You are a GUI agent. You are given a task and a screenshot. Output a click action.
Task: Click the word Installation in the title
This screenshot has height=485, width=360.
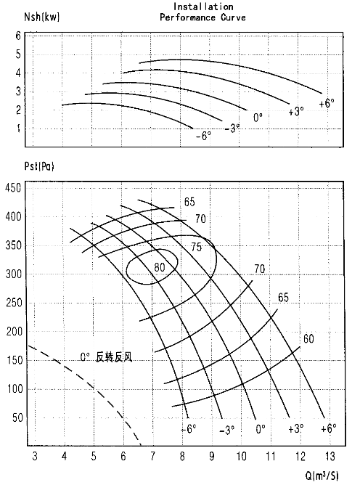click(x=203, y=7)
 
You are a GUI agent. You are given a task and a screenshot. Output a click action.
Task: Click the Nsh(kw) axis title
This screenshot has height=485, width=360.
click(x=42, y=17)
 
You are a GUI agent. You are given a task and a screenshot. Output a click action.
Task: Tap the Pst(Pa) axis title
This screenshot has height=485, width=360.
click(x=39, y=166)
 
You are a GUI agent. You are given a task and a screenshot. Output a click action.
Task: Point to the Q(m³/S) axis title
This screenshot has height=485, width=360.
click(x=322, y=475)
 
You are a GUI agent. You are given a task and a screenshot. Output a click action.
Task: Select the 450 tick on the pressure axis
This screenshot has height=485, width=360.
click(x=13, y=187)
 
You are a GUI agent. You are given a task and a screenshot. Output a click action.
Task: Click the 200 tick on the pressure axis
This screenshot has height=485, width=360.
click(x=15, y=332)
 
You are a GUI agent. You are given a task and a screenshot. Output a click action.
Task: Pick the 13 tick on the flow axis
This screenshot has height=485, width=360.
click(x=330, y=456)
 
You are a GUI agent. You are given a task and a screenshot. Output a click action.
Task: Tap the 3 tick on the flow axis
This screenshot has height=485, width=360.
click(x=35, y=456)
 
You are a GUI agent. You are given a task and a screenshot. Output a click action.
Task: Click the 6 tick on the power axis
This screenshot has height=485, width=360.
click(x=18, y=36)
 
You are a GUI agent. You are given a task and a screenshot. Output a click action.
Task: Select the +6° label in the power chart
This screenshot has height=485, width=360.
click(x=327, y=103)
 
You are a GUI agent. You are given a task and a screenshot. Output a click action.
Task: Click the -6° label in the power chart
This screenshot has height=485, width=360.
click(x=203, y=136)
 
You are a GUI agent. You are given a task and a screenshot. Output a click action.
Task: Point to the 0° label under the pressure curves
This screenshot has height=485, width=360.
click(x=261, y=429)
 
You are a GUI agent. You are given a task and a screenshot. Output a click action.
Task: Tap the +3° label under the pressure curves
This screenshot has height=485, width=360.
click(x=295, y=428)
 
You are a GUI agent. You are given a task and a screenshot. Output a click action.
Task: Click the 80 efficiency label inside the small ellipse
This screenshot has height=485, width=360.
click(x=160, y=267)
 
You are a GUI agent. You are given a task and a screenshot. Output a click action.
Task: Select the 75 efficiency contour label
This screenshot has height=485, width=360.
click(x=196, y=247)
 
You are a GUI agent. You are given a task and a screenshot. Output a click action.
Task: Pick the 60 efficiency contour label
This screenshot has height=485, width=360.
click(x=308, y=338)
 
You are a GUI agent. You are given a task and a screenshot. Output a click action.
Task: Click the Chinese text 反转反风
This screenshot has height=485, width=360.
click(x=114, y=357)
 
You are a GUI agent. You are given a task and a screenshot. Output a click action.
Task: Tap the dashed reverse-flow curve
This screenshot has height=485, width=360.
click(x=94, y=387)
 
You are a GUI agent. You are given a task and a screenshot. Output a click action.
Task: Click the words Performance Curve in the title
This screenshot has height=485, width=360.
click(x=202, y=17)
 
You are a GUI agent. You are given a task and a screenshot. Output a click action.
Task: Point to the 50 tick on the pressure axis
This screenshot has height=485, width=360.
click(x=17, y=418)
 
